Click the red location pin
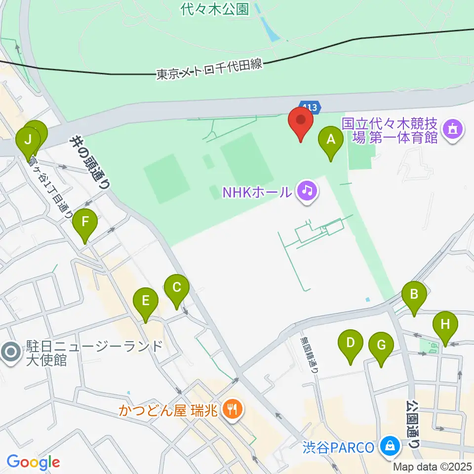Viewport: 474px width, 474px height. [301, 121]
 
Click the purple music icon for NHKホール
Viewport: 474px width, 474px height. [307, 190]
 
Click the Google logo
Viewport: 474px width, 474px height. [34, 462]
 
